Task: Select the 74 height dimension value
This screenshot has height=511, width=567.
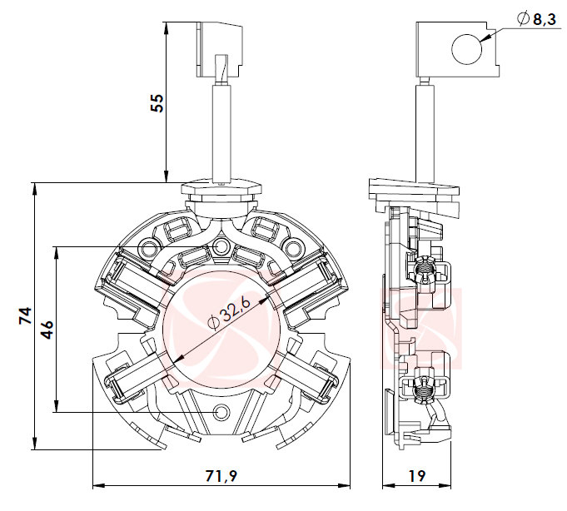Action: click(26, 315)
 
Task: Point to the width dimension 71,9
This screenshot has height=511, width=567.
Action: click(221, 477)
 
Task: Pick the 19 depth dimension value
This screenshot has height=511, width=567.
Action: click(417, 477)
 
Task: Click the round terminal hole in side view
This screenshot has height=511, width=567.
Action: click(465, 48)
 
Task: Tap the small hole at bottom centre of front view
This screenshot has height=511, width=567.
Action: click(221, 413)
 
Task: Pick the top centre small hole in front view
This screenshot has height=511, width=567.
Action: click(221, 247)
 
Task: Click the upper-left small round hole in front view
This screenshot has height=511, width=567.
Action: click(150, 247)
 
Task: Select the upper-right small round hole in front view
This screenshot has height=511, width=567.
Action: click(292, 247)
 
